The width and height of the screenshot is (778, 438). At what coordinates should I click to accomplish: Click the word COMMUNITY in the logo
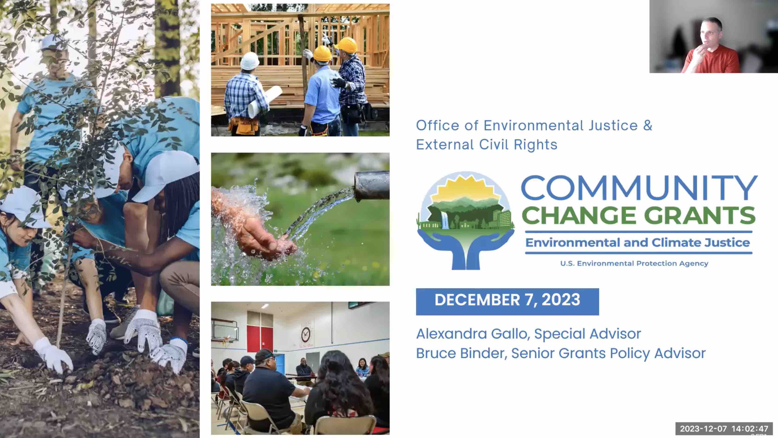(639, 188)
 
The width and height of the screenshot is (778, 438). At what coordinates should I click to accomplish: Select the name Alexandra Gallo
(471, 334)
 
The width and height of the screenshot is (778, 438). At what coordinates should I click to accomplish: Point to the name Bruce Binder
(461, 353)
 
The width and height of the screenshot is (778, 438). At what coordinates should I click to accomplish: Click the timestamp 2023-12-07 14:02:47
(724, 429)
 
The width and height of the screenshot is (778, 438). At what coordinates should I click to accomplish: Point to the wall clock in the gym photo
(306, 334)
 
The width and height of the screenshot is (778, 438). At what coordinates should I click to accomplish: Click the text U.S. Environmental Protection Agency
(634, 263)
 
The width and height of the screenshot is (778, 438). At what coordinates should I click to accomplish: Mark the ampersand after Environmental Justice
(648, 125)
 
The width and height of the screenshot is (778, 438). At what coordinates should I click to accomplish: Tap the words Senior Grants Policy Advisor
(608, 353)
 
